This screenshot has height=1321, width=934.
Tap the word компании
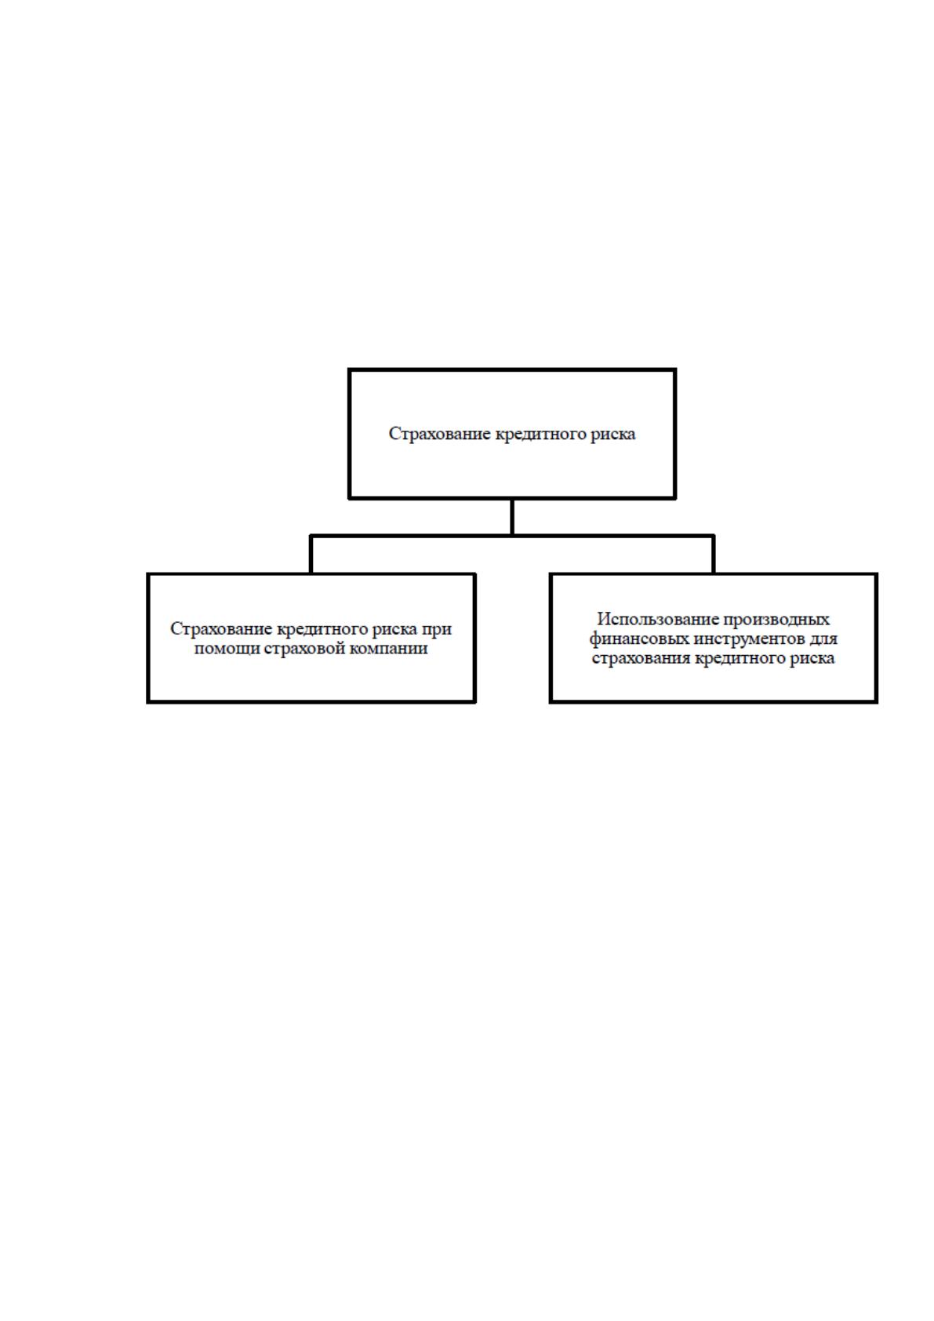[388, 649]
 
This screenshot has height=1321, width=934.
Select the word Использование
[656, 619]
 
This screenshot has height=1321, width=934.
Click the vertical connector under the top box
[512, 517]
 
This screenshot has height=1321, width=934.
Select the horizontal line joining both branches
[512, 536]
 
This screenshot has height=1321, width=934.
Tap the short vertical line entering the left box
[311, 555]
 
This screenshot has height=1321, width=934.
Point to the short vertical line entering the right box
[713, 555]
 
